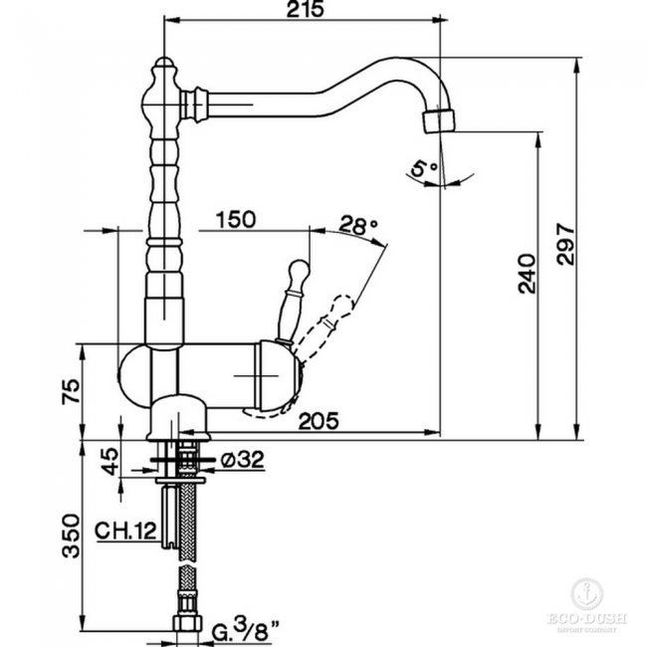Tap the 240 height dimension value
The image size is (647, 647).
coord(527,273)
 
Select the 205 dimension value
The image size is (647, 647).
coord(319,420)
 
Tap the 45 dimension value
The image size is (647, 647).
coord(109,461)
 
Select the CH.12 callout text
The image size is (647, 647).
coord(126,531)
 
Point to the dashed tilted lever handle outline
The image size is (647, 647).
coord(338,314)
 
